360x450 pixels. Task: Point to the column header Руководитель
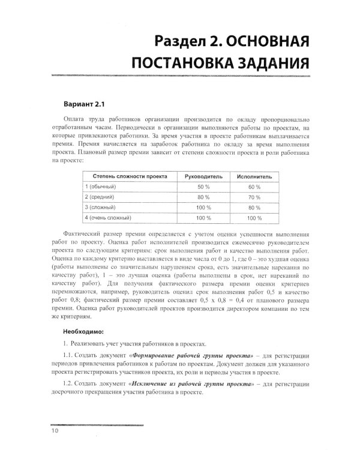click(x=204, y=177)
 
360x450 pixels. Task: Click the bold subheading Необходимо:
click(x=83, y=331)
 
